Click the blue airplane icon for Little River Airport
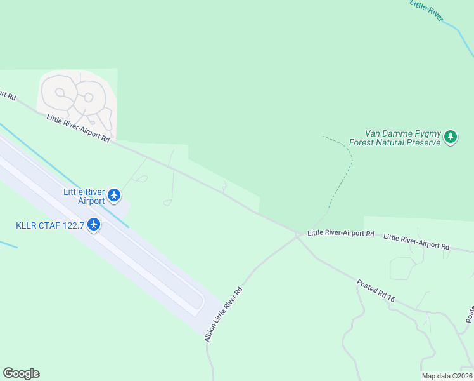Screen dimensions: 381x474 point(114,194)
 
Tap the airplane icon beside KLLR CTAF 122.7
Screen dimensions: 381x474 point(94,224)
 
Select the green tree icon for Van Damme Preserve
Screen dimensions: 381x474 point(451,137)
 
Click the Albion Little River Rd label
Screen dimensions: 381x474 point(224,314)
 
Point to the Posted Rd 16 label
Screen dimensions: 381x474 point(376,290)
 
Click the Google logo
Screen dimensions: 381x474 point(21,373)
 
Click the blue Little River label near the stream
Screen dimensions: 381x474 point(426,11)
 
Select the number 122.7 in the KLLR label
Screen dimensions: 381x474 point(72,225)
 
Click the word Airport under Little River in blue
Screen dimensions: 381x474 point(91,201)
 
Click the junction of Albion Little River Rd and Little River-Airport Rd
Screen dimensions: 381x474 point(297,235)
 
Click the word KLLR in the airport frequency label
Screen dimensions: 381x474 point(27,225)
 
